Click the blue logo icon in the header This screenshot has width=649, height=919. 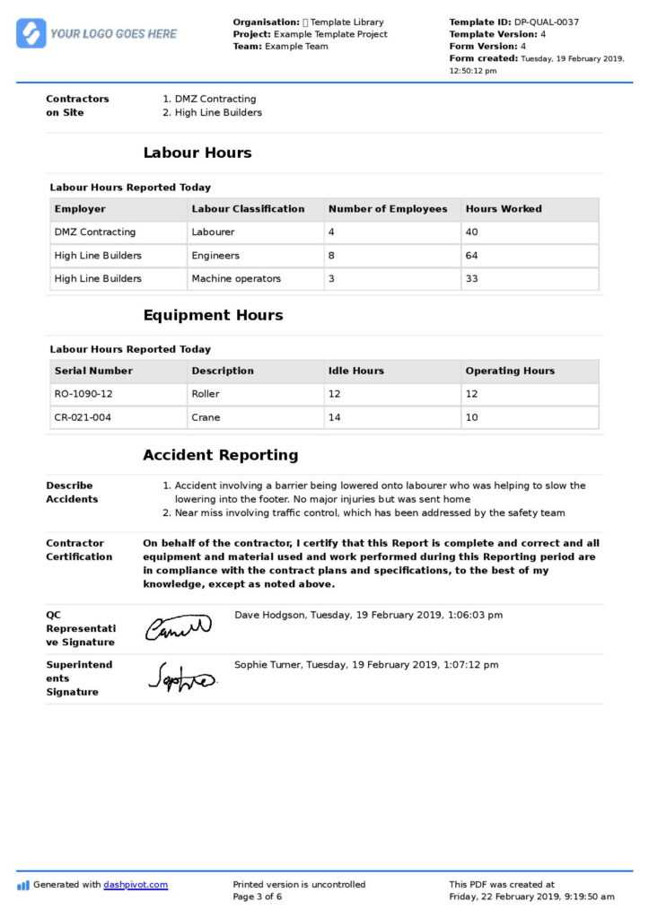click(x=31, y=33)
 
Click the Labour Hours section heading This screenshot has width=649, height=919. click(x=197, y=153)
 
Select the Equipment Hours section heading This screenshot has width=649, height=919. click(x=213, y=315)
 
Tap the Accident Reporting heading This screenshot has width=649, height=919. click(x=220, y=455)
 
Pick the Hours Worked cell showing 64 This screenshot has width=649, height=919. click(x=472, y=256)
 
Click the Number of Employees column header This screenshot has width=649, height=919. click(x=388, y=209)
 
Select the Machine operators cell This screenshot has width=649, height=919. click(x=236, y=279)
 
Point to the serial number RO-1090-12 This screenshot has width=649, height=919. click(x=83, y=394)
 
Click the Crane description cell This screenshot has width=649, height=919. click(x=206, y=417)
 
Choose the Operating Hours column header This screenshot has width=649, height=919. click(x=510, y=371)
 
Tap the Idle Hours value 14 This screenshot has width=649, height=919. click(x=335, y=417)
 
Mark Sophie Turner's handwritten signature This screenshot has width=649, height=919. click(x=180, y=678)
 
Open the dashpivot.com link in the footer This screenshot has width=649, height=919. click(x=136, y=885)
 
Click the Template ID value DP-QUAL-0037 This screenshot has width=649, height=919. click(x=546, y=22)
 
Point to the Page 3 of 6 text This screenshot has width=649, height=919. click(x=258, y=897)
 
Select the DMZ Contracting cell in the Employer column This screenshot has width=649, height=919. click(x=95, y=232)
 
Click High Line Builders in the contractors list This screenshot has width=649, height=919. click(x=218, y=113)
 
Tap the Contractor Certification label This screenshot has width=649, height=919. click(x=79, y=550)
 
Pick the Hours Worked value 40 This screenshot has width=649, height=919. click(x=472, y=232)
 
